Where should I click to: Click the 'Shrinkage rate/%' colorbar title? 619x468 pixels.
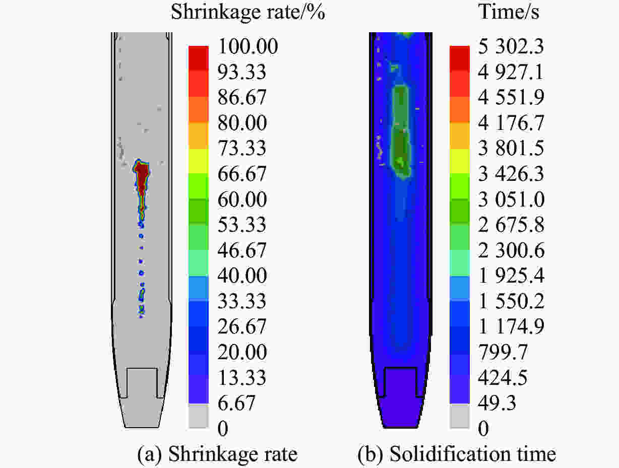247,12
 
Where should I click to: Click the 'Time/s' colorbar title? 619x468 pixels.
509,12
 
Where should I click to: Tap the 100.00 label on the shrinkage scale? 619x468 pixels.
247,47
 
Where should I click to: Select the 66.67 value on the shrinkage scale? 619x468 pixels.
242,174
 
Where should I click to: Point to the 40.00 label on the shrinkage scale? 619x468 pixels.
242,276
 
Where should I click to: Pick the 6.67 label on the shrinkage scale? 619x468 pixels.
237,404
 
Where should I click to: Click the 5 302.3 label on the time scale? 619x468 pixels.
511,47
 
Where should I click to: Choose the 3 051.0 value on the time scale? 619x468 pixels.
511,200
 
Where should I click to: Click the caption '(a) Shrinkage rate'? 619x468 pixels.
217,454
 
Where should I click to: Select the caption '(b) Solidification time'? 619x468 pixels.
457,454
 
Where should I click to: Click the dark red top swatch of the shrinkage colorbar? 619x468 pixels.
198,52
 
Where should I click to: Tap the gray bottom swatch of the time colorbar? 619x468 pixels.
459,416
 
